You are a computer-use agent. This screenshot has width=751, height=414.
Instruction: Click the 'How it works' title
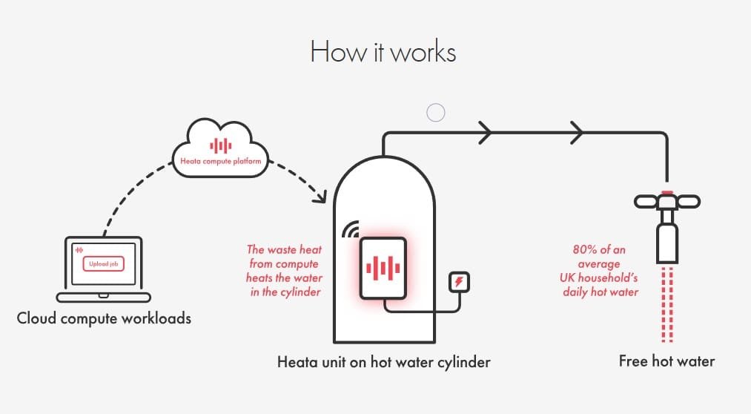pyautogui.click(x=383, y=53)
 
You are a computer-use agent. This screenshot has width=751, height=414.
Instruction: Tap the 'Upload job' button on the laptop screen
pyautogui.click(x=103, y=264)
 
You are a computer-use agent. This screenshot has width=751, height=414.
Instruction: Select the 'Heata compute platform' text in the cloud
pyautogui.click(x=221, y=160)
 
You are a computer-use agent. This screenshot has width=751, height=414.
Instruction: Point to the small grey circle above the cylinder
pyautogui.click(x=436, y=113)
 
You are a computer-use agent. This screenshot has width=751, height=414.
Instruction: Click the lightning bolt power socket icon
pyautogui.click(x=460, y=282)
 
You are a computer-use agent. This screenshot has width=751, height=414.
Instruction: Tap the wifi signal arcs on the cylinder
pyautogui.click(x=349, y=231)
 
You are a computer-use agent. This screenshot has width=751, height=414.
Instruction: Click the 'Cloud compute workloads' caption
pyautogui.click(x=104, y=319)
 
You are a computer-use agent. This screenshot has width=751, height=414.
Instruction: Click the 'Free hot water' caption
pyautogui.click(x=666, y=361)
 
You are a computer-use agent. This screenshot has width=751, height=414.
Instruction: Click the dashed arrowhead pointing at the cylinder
pyautogui.click(x=320, y=198)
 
